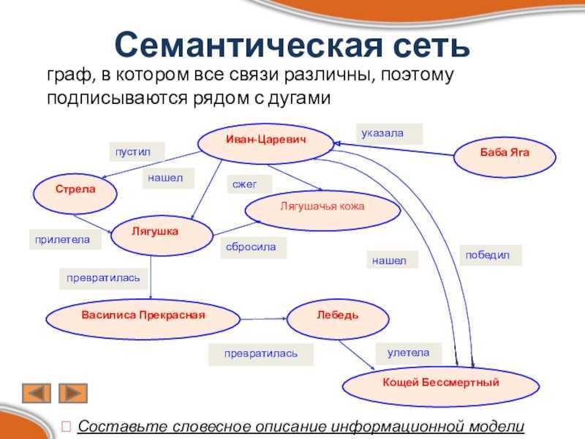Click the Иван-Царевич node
(265, 143)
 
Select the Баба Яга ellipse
(505, 157)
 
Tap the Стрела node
(75, 194)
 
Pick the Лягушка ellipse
(162, 235)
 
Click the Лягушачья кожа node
(322, 210)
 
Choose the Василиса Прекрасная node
(143, 319)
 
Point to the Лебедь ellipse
(338, 319)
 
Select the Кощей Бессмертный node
(441, 386)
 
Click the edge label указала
(382, 133)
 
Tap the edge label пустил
(133, 152)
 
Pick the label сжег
(244, 184)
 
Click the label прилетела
(62, 239)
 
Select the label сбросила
(251, 247)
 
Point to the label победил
(487, 255)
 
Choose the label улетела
(408, 353)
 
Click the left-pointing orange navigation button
(37, 393)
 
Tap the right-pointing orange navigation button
(73, 393)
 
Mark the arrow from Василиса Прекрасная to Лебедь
(263, 319)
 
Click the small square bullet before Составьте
(67, 426)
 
